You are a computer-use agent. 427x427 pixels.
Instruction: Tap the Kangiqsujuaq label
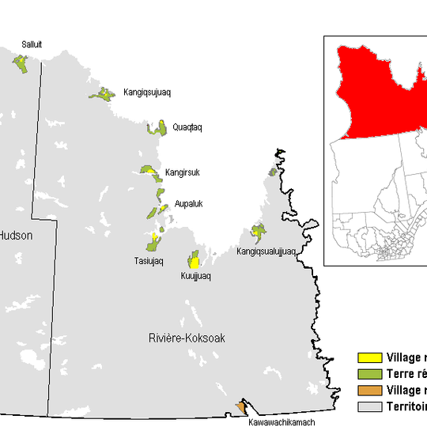coord(148,93)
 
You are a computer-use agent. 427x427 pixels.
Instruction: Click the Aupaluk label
coord(189,203)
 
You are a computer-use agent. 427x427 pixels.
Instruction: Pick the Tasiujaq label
coord(148,261)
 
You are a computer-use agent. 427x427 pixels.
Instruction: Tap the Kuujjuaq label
coord(197,277)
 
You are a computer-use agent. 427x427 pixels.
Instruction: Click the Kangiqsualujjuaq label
coord(266,251)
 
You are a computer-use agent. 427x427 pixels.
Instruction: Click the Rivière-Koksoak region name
coord(187,338)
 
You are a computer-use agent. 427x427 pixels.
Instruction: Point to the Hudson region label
coord(14,235)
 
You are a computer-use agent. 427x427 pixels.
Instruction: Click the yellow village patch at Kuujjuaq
coord(194,263)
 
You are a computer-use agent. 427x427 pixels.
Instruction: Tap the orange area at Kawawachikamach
coord(240,407)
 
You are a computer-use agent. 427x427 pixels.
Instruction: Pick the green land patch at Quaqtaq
coord(161,128)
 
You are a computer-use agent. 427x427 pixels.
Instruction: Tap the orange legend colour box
coord(369,391)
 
